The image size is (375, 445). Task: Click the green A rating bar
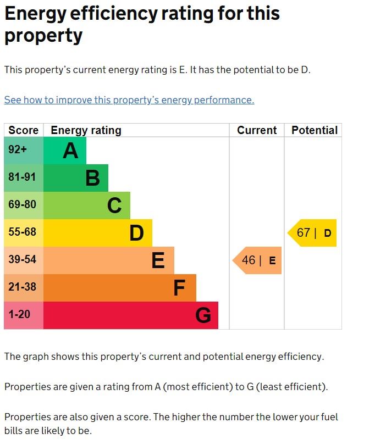pyautogui.click(x=64, y=151)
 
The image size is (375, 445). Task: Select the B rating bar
pyautogui.click(x=75, y=178)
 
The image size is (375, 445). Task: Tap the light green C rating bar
pyautogui.click(x=86, y=205)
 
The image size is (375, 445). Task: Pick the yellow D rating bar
pyautogui.click(x=97, y=233)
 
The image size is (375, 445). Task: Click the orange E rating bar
pyautogui.click(x=108, y=260)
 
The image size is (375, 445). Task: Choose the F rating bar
pyautogui.click(x=119, y=288)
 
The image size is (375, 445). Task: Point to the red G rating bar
pyautogui.click(x=130, y=315)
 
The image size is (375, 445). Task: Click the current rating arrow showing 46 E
pyautogui.click(x=257, y=260)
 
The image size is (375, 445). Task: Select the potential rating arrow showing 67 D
pyautogui.click(x=313, y=233)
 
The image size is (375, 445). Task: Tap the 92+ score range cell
pyautogui.click(x=24, y=151)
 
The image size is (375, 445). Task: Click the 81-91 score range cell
pyautogui.click(x=24, y=178)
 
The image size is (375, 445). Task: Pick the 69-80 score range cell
pyautogui.click(x=24, y=205)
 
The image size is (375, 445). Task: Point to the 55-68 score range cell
pyautogui.click(x=24, y=233)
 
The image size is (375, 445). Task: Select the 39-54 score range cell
pyautogui.click(x=24, y=260)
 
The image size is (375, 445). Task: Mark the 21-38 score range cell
pyautogui.click(x=24, y=288)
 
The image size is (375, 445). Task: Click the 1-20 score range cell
pyautogui.click(x=24, y=315)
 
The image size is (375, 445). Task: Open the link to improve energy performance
pyautogui.click(x=129, y=100)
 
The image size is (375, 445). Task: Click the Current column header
pyautogui.click(x=257, y=130)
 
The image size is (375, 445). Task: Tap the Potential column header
pyautogui.click(x=314, y=130)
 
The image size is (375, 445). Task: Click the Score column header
pyautogui.click(x=24, y=130)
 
